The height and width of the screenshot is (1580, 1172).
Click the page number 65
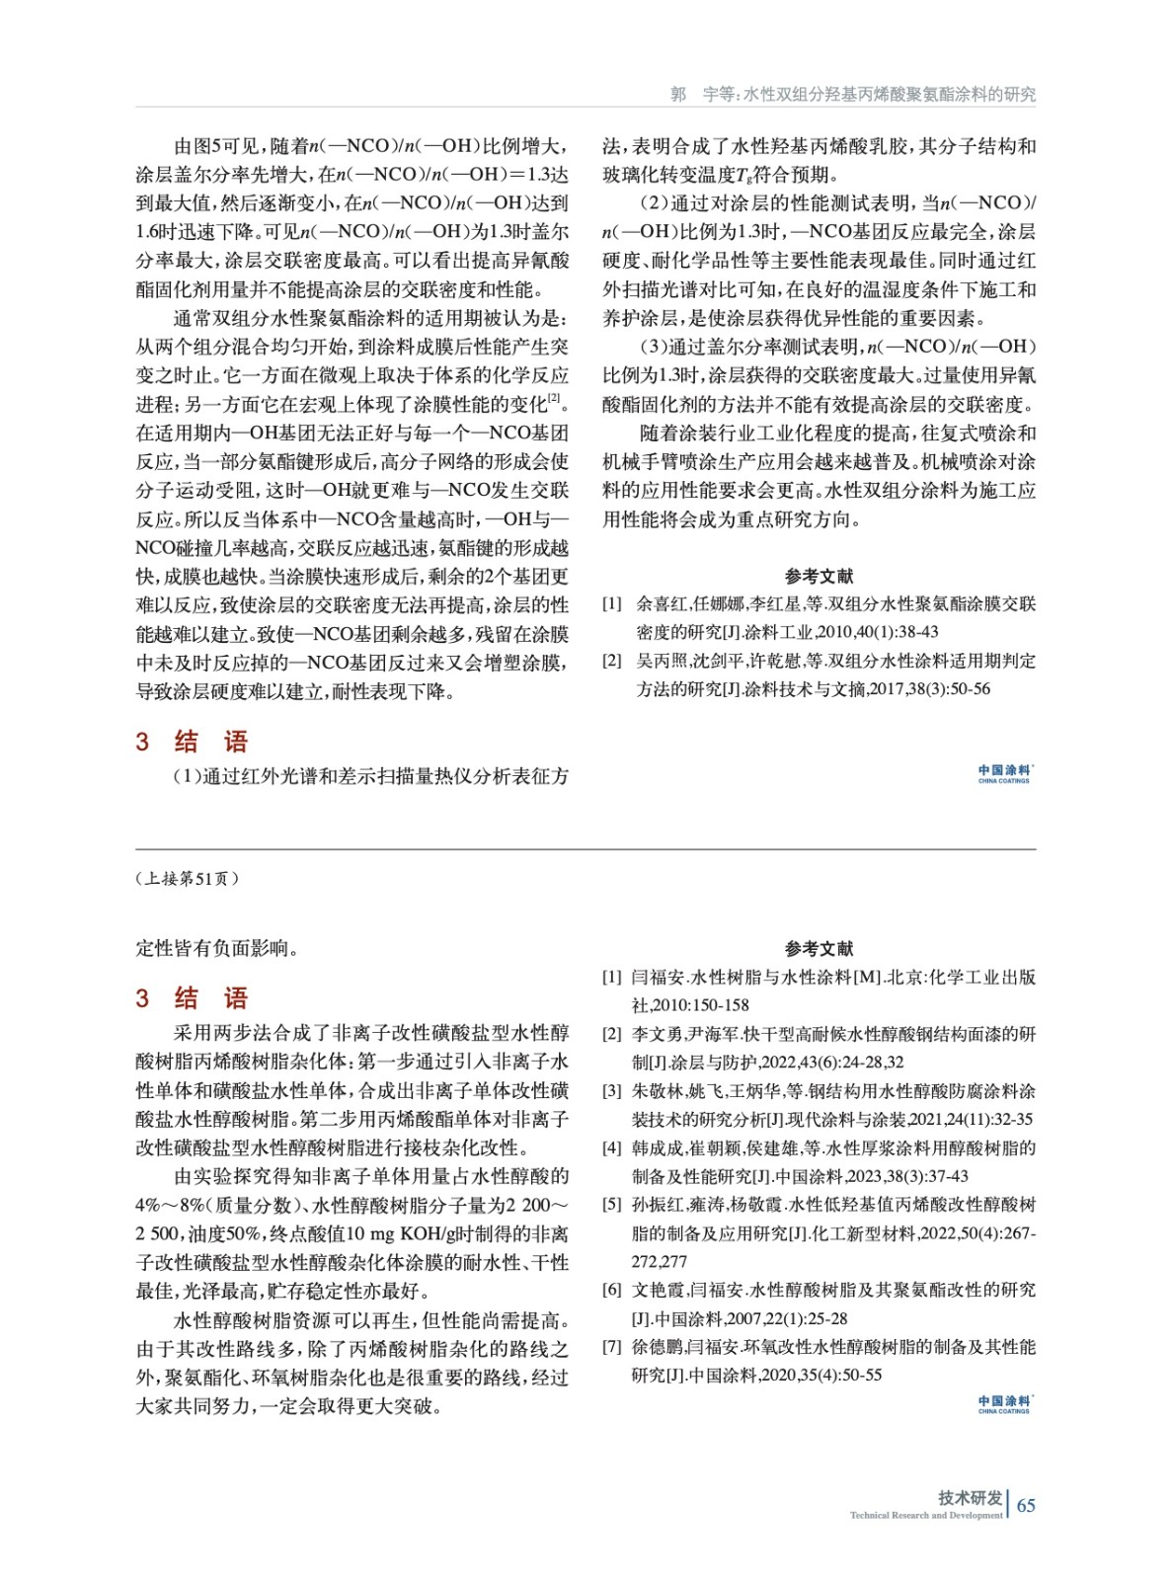pos(1026,1505)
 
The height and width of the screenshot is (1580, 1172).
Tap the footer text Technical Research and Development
pos(925,1515)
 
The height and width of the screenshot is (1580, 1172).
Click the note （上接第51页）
pos(187,878)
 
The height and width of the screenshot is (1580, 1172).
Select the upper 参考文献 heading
pos(819,576)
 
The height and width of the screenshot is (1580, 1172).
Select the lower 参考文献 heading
pos(819,948)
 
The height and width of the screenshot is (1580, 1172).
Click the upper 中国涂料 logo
pos(1004,773)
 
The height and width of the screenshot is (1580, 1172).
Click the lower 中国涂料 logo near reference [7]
pos(1004,1404)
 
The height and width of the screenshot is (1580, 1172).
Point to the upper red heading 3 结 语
pos(192,742)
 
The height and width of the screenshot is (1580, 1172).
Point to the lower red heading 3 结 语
pos(192,997)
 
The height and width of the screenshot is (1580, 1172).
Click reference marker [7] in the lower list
pos(612,1347)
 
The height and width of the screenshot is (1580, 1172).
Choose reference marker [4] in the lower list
pos(612,1147)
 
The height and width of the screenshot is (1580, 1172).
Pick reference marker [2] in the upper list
pos(612,661)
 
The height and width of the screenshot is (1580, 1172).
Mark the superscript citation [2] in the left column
pos(554,398)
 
